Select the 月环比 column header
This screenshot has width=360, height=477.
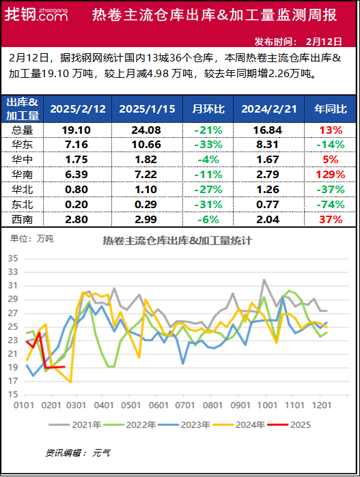207,109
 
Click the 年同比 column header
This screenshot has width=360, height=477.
329,109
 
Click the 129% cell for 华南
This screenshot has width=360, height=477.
329,175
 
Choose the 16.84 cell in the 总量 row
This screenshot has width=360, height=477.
268,130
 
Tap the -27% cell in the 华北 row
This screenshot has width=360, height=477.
207,190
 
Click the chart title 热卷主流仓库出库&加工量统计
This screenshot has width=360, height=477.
178,241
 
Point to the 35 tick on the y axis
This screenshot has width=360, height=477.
13,258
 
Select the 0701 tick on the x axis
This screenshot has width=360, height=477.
182,405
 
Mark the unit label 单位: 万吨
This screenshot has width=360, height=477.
31,239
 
